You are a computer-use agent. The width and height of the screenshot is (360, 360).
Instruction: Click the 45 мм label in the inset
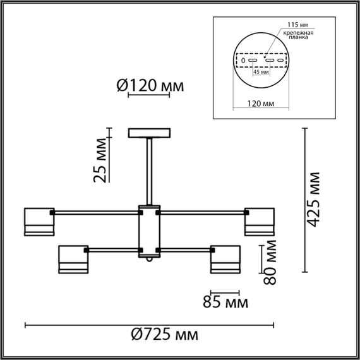click(x=261, y=72)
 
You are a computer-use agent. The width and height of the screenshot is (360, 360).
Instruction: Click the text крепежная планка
click(x=296, y=34)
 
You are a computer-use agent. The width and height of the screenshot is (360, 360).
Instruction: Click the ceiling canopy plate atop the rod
click(x=150, y=134)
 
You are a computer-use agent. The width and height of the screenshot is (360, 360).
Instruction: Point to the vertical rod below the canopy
click(x=150, y=171)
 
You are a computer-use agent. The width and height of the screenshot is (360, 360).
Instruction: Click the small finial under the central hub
click(x=150, y=259)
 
